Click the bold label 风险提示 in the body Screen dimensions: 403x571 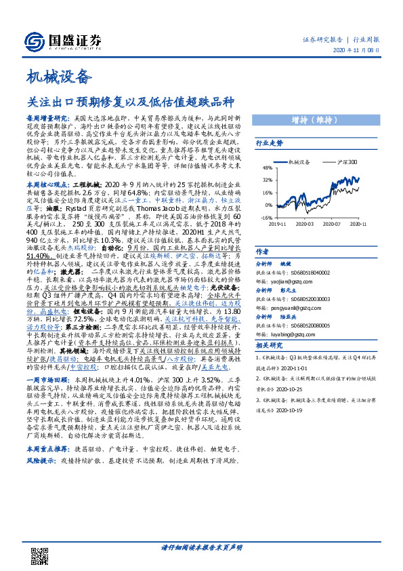40,460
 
